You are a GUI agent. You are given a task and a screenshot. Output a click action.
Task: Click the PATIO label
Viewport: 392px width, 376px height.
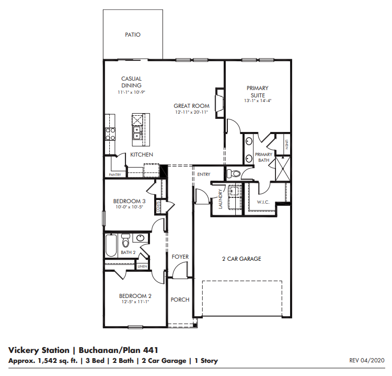click(133, 35)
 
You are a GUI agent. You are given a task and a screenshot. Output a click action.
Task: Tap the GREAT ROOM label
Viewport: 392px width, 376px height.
click(191, 106)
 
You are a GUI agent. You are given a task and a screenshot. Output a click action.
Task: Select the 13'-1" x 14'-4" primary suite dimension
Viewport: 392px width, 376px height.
click(258, 101)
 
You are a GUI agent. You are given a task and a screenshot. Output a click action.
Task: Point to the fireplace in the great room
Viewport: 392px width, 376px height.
click(220, 103)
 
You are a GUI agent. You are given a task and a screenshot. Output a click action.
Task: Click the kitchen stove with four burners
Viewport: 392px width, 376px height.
click(110, 134)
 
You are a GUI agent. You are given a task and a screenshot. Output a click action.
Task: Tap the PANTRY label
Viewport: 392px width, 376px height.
click(115, 174)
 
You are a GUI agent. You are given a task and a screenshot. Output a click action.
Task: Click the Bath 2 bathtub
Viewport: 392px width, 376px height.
click(111, 245)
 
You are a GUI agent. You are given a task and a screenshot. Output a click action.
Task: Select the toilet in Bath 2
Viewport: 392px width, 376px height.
click(125, 240)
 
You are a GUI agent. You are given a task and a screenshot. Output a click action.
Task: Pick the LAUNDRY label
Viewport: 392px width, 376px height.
click(220, 199)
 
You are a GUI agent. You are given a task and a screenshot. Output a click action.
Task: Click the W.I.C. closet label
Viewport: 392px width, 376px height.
click(263, 202)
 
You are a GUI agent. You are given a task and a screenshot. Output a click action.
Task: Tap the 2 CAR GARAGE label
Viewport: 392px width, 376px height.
click(241, 259)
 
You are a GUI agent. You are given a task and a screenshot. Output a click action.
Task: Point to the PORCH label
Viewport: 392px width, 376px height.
click(180, 300)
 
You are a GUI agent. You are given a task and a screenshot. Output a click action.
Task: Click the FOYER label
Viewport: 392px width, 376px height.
click(180, 257)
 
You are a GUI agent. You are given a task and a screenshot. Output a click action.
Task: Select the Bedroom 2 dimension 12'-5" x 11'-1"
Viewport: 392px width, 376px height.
click(135, 302)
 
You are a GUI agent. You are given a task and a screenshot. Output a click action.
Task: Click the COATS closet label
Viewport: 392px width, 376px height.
click(158, 207)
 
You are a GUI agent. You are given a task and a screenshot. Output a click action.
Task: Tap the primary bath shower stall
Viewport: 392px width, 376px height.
click(283, 169)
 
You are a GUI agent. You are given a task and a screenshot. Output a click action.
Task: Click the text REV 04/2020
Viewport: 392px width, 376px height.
click(367, 360)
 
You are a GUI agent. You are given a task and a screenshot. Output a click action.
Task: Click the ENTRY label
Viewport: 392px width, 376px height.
click(204, 174)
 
